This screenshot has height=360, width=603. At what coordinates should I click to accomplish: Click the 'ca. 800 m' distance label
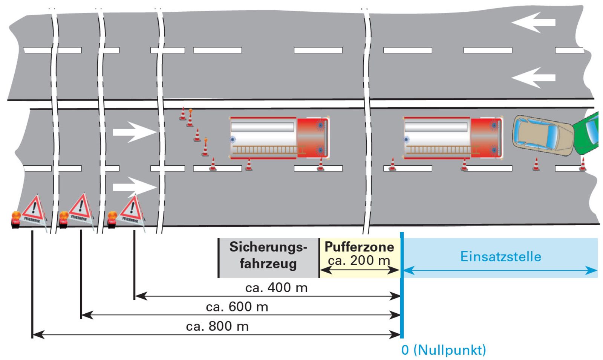(217, 326)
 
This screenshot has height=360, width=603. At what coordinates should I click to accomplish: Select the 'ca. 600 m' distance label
(237, 307)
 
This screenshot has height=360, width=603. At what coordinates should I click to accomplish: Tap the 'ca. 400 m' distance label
(277, 288)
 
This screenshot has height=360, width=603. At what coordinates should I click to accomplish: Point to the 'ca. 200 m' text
(359, 261)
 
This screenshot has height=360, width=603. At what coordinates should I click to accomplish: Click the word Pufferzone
(360, 247)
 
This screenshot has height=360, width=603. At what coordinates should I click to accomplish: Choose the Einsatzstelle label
(501, 256)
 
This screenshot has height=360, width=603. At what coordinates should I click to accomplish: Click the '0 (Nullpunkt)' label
(444, 350)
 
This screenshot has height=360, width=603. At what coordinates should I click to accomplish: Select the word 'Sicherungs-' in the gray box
(268, 247)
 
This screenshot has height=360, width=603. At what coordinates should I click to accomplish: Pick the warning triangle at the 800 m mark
(34, 211)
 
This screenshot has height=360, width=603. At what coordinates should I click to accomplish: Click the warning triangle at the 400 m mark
(132, 211)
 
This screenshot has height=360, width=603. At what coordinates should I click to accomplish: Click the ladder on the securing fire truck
(269, 150)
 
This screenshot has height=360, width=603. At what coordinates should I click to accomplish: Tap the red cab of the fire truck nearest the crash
(487, 138)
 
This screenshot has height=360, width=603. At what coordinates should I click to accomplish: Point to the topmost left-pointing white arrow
(533, 23)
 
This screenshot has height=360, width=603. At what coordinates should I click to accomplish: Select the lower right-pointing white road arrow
(135, 187)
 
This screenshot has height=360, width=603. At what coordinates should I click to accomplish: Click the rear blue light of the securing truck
(233, 139)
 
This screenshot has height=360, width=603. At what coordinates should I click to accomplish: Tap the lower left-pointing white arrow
(533, 78)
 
